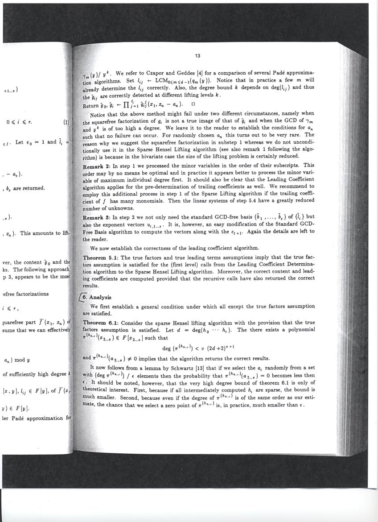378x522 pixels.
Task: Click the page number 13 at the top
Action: click(x=197, y=56)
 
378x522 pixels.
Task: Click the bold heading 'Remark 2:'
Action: click(x=98, y=166)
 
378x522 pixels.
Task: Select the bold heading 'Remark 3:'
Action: click(x=98, y=218)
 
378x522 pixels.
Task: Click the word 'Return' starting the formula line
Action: click(x=92, y=106)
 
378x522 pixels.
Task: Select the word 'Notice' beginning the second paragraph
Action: click(x=99, y=114)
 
